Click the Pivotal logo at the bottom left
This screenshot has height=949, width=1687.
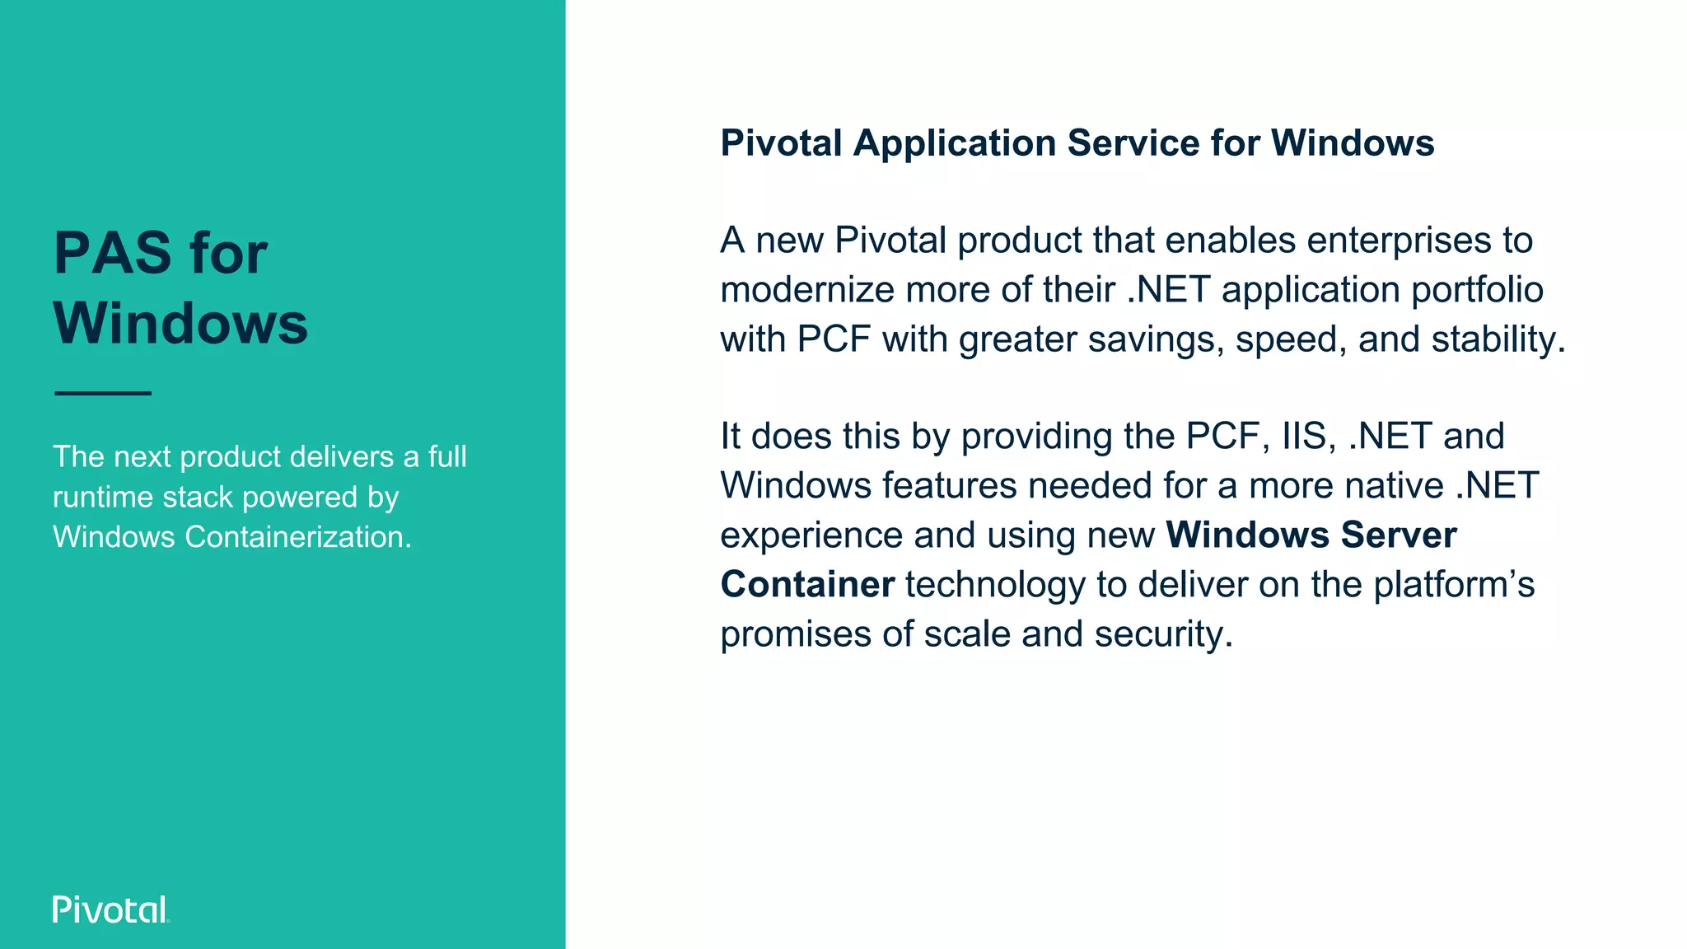110,909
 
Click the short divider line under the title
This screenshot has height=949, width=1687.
103,393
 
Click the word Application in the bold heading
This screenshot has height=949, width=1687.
955,143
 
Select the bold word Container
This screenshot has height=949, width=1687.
807,585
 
